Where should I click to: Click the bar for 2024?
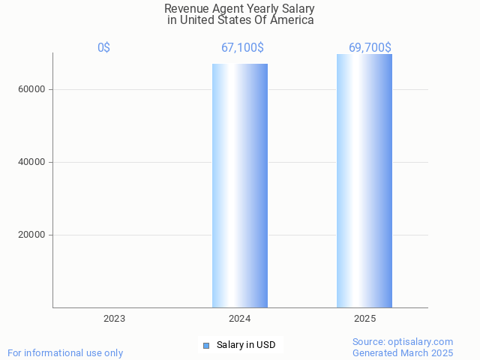240,185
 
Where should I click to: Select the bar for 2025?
364,181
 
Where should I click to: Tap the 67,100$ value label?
242,48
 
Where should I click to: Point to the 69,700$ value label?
370,48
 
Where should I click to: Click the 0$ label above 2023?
103,48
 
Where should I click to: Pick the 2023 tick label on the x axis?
115,319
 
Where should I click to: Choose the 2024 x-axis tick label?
240,319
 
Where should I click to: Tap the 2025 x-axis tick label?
365,319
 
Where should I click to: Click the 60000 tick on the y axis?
31,89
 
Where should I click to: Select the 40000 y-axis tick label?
31,162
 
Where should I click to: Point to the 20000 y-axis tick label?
31,235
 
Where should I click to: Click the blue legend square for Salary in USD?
206,345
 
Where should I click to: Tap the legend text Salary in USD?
246,345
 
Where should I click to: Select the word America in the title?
291,20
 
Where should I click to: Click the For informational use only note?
65,352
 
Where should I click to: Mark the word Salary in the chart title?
298,9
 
